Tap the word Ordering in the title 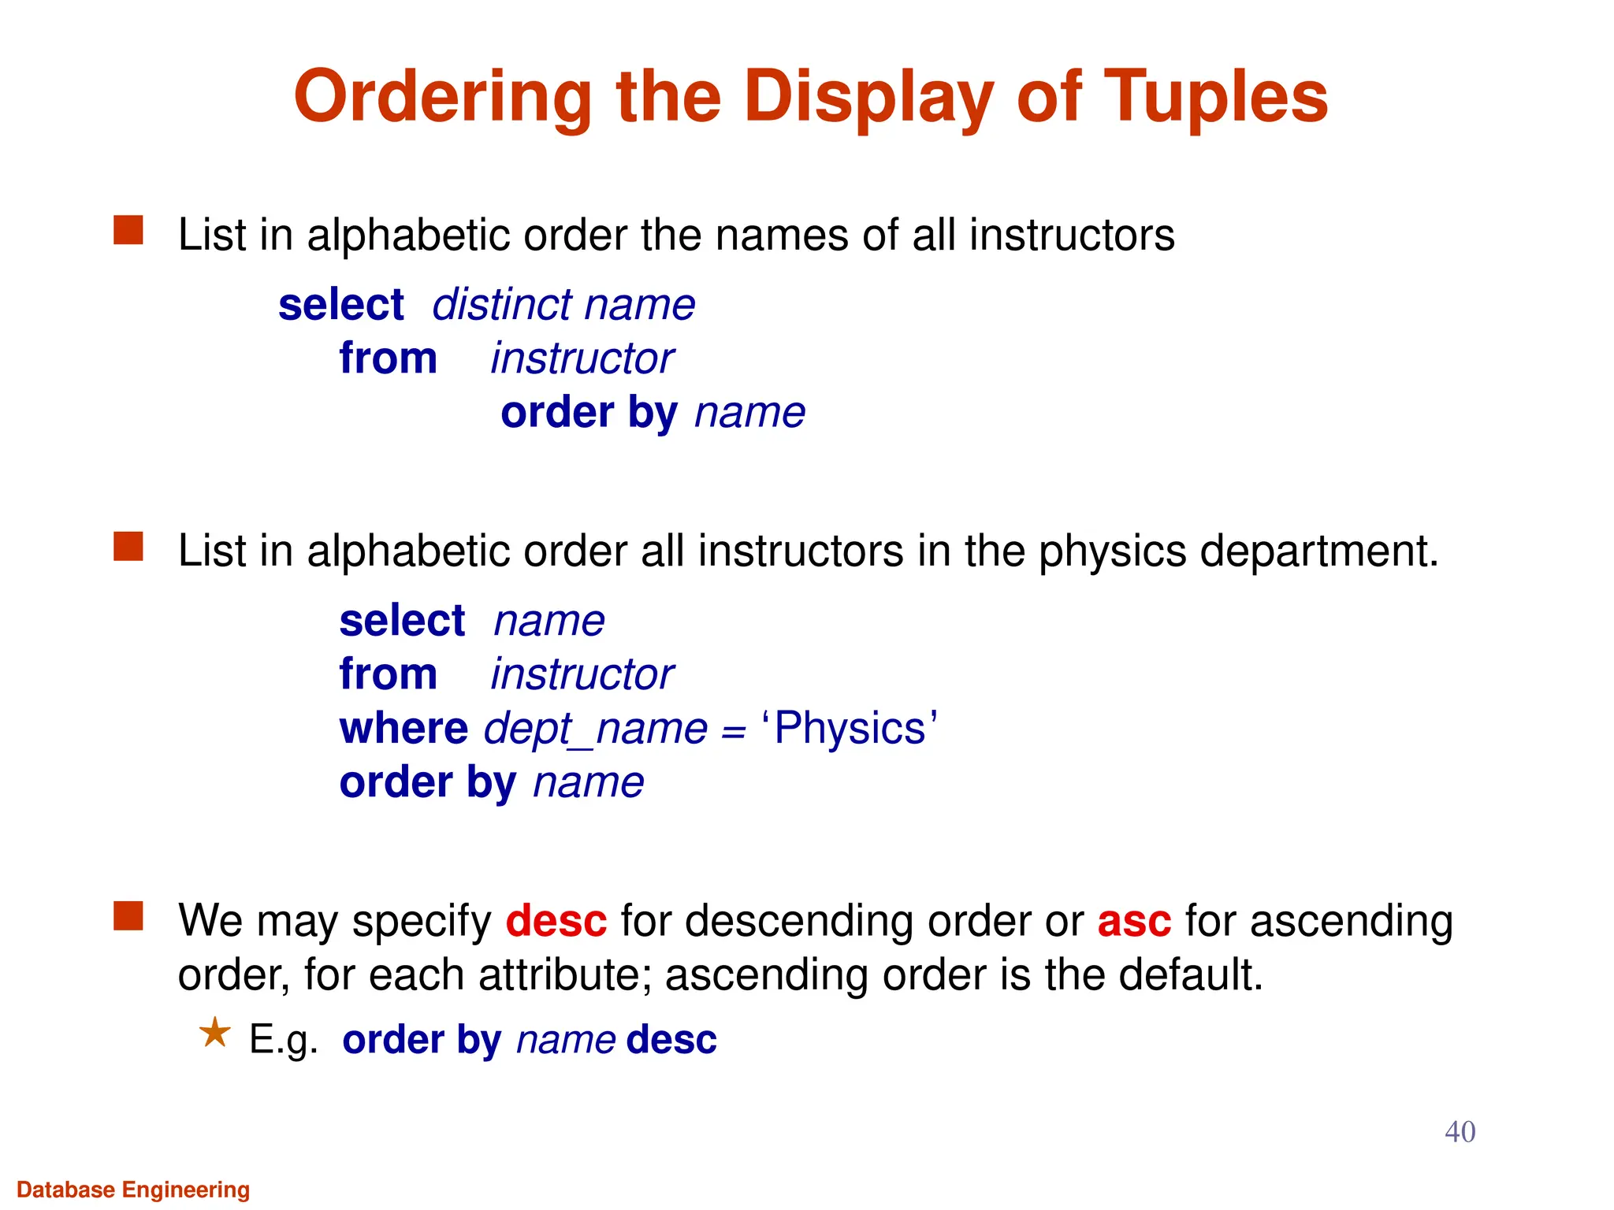pos(442,97)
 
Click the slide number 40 pos(1460,1132)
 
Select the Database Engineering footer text pos(133,1190)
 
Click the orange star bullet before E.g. pos(214,1032)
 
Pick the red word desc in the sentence pos(556,920)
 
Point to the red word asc pos(1134,920)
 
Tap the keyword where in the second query pos(403,728)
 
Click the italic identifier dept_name pos(596,728)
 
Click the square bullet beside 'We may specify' pos(128,916)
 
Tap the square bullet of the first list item pos(128,231)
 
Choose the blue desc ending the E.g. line pos(671,1040)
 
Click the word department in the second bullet pos(1318,551)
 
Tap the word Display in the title pos(868,97)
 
